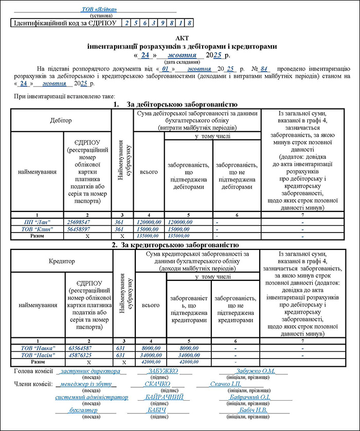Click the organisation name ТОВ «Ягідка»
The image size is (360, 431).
pos(99,10)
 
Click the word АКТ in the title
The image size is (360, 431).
pos(182,39)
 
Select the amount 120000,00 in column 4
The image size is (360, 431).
pos(149,221)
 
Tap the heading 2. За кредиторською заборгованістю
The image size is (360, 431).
pos(175,245)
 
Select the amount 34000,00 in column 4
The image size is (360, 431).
pos(149,355)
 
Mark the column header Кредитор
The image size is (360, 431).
pos(62,261)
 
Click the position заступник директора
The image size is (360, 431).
pos(89,371)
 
